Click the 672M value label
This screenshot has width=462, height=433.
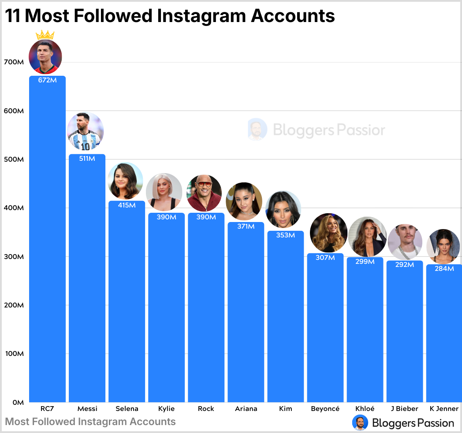coord(47,81)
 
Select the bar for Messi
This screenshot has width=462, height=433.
coord(87,282)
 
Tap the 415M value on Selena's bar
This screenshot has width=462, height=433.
coord(127,205)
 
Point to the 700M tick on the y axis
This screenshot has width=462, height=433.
coord(13,62)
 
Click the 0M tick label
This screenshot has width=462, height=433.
coord(17,402)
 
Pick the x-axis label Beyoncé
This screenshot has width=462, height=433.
coord(325,409)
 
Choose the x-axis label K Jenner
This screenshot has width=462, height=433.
coord(444,409)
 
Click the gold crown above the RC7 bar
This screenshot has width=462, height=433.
coord(45,35)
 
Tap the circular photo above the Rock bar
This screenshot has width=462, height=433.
coord(204,193)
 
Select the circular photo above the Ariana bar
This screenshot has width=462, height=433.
coord(244,201)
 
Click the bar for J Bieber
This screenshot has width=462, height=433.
coord(404,335)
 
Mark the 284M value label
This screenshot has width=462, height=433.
coord(444,269)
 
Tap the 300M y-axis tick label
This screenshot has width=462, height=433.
coord(13,257)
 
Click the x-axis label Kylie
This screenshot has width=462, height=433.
coord(166,409)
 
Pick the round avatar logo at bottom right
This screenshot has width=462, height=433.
coord(360,422)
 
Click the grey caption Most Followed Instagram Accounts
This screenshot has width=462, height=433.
coord(90,422)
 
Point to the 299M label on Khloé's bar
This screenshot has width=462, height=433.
coord(365,262)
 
